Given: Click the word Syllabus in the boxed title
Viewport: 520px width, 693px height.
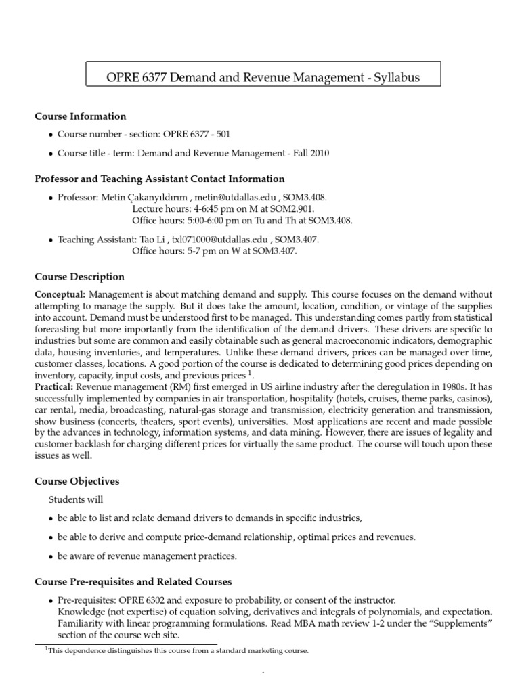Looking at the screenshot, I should [394, 77].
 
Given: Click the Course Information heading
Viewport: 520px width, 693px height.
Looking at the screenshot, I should [81, 116].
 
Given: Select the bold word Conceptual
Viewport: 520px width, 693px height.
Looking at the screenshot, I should [60, 294].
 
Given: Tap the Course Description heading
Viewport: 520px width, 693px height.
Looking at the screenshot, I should [80, 277].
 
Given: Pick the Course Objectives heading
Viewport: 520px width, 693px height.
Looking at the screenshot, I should [77, 481].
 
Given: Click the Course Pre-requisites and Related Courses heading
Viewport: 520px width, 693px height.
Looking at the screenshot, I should [133, 581].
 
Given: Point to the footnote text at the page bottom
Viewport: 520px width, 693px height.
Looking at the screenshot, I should [177, 650].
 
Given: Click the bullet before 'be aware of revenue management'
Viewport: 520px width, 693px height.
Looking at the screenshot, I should [51, 557].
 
